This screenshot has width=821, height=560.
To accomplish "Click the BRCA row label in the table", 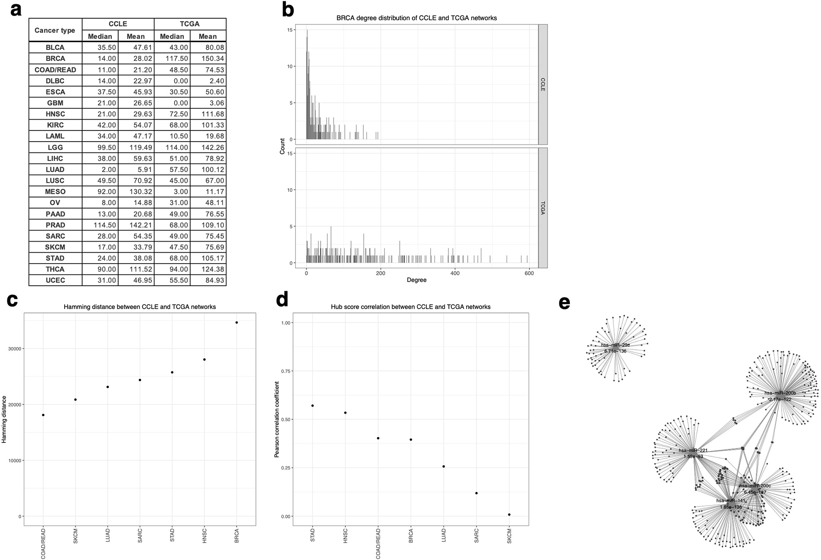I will click(55, 59).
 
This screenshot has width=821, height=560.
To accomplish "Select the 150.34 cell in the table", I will click(208, 59).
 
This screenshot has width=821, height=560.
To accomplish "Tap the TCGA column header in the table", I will click(190, 24).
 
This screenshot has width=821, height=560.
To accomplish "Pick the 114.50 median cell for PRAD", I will click(100, 225).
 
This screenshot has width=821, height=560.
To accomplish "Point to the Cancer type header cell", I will click(55, 30).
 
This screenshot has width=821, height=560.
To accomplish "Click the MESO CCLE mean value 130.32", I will click(136, 192).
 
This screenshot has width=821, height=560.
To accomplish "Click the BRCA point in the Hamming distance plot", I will click(237, 323).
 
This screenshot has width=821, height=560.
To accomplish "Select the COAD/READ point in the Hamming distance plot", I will click(43, 415).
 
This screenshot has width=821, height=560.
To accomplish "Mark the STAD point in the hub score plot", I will click(313, 406).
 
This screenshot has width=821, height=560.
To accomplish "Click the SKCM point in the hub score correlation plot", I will click(509, 515).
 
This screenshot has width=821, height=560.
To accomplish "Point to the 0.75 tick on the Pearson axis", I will click(285, 371).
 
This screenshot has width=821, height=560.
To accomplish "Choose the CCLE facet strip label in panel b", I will click(543, 84).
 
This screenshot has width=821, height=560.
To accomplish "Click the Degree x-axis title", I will click(417, 280).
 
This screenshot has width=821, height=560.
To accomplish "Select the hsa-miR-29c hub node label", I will click(615, 345).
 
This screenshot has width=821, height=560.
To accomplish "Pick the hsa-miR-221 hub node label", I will click(693, 450).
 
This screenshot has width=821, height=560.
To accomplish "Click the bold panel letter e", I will click(565, 303).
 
